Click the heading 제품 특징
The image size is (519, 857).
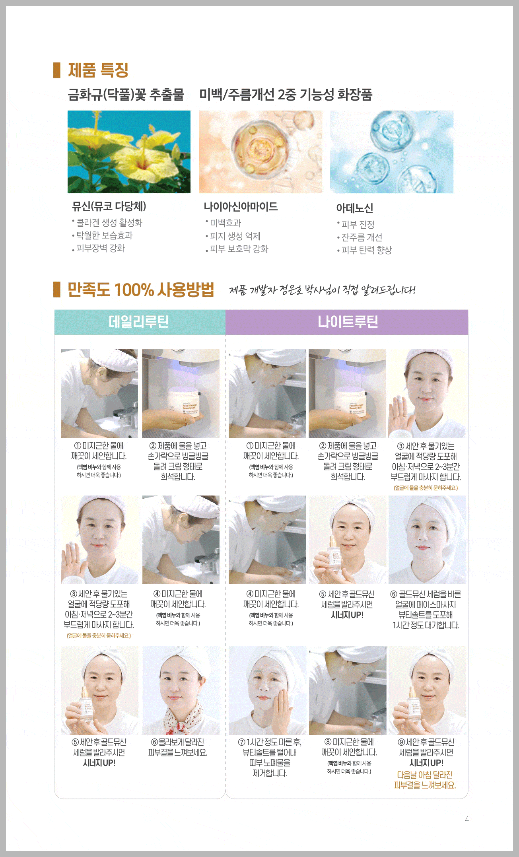(98, 70)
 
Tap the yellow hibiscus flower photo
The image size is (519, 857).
(129, 152)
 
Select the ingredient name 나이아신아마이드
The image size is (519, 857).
(241, 206)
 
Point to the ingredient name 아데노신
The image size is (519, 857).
(355, 208)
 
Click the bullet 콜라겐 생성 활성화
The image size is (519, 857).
(107, 223)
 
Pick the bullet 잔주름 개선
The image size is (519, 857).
(360, 237)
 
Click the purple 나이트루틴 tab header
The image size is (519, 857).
(347, 322)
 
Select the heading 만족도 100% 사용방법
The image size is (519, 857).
(141, 290)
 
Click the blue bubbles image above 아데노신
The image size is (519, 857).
(392, 152)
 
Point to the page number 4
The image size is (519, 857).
(467, 819)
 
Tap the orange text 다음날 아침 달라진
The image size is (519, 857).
(425, 775)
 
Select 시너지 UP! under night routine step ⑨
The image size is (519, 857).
(426, 763)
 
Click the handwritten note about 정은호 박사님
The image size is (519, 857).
(322, 290)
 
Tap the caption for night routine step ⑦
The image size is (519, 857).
(270, 758)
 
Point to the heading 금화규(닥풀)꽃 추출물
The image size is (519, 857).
(126, 95)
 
